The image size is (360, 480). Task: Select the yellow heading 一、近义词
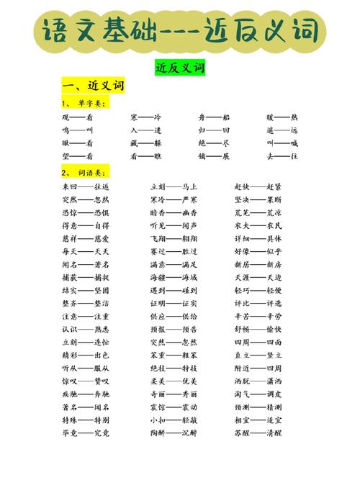[x=93, y=86]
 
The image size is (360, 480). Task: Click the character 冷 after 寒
[x=158, y=117]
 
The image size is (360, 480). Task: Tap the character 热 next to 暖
[x=294, y=117]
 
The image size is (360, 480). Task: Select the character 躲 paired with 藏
[x=158, y=143]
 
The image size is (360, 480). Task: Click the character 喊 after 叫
[x=294, y=143]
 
